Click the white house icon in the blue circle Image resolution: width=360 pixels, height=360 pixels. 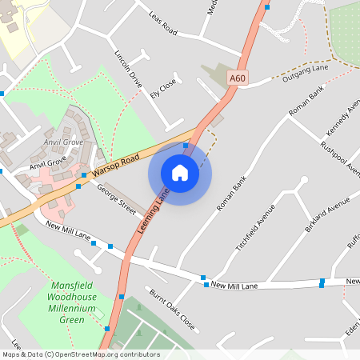[180, 173]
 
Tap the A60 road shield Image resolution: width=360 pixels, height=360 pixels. [237, 78]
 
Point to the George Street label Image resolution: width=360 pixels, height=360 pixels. [117, 198]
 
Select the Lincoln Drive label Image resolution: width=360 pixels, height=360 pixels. [128, 71]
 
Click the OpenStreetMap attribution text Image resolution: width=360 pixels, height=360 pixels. [80, 354]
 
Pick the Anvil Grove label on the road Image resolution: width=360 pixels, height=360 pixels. [48, 162]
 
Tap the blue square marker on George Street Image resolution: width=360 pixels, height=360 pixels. [78, 186]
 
